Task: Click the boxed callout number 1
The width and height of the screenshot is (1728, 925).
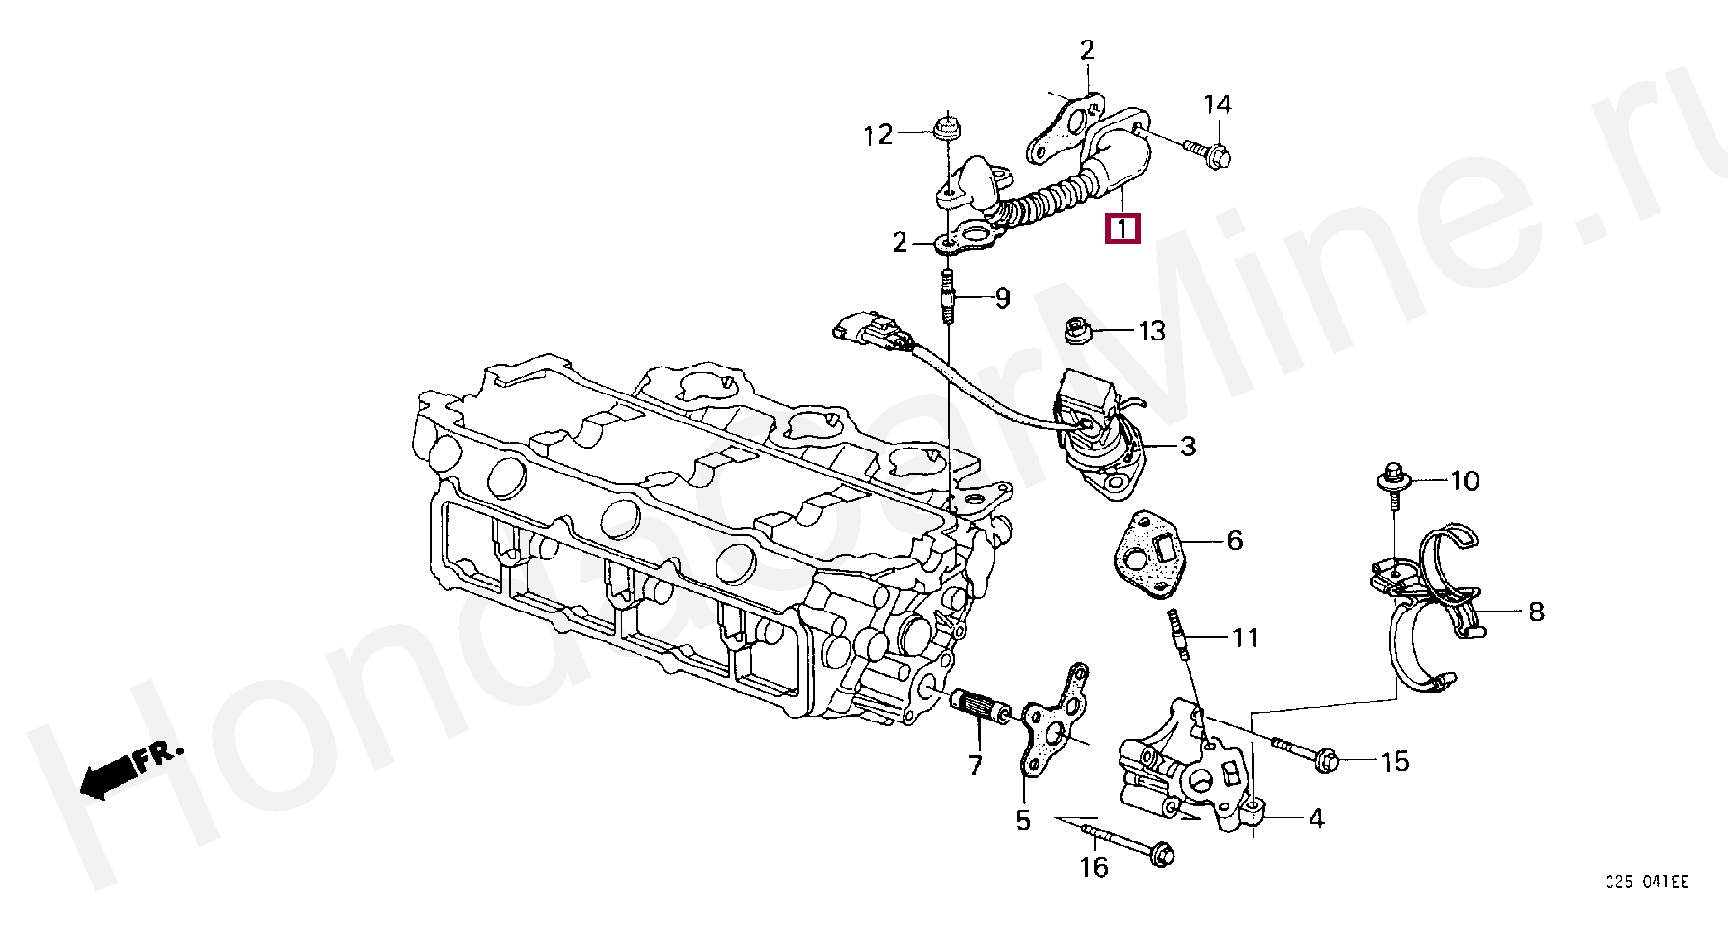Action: click(x=1121, y=230)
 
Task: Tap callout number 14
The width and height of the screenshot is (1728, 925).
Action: click(x=1218, y=104)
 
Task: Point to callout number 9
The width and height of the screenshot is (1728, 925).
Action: click(x=1003, y=298)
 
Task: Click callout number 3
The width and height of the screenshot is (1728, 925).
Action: click(x=1188, y=446)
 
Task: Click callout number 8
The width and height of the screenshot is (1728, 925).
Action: click(x=1536, y=611)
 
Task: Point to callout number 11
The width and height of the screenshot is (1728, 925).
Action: click(x=1246, y=638)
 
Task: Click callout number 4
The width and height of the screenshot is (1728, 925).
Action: click(x=1316, y=819)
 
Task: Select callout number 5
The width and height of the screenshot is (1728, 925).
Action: click(x=1023, y=821)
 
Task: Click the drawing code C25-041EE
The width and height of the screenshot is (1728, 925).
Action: click(x=1647, y=883)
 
